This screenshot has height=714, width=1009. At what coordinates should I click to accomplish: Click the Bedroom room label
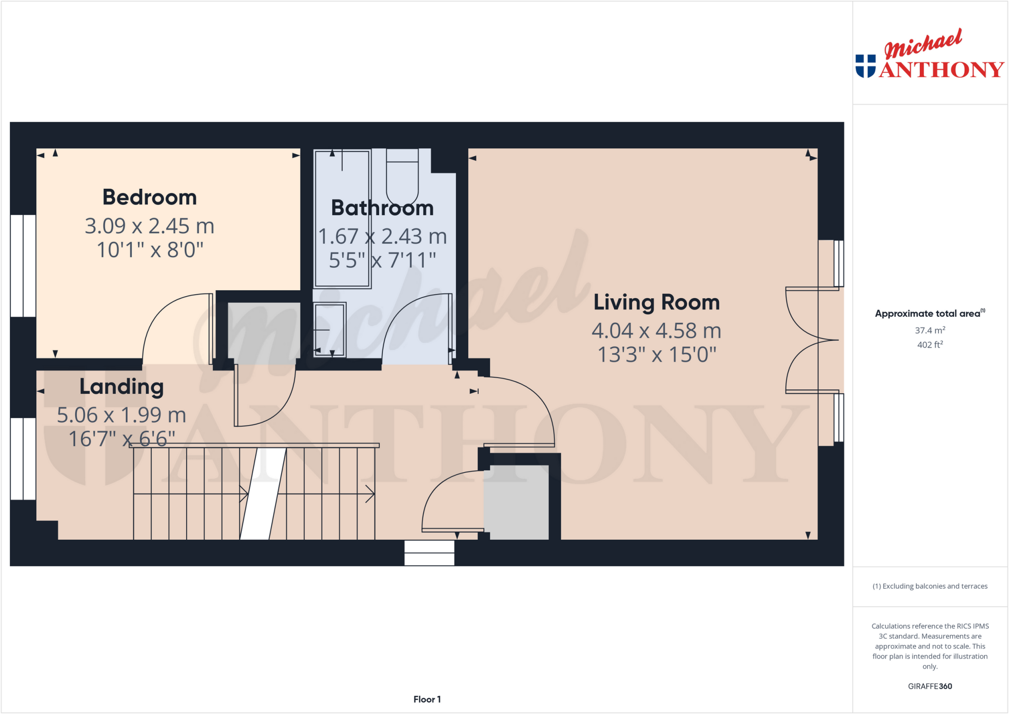(x=149, y=197)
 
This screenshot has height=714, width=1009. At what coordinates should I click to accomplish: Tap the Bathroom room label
(x=382, y=208)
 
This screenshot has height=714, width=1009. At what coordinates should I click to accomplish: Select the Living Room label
(x=656, y=302)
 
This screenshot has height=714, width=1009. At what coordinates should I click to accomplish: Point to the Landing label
(x=121, y=386)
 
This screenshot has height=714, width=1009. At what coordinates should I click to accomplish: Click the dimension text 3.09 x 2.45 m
(x=149, y=226)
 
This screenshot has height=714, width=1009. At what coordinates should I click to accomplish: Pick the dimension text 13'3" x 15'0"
(x=656, y=355)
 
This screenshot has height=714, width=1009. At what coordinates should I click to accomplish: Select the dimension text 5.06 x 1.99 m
(x=121, y=415)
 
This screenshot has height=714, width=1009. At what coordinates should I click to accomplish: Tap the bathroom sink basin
(x=330, y=329)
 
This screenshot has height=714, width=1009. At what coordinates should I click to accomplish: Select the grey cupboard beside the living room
(x=516, y=502)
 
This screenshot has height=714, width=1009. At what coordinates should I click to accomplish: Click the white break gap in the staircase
(x=263, y=493)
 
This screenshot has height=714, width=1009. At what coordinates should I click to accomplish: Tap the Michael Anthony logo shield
(x=865, y=66)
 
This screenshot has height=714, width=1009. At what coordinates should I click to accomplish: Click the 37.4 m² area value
(x=930, y=330)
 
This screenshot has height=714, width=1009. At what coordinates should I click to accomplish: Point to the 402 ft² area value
(x=930, y=345)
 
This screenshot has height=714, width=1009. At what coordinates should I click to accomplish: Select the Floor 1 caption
(x=427, y=699)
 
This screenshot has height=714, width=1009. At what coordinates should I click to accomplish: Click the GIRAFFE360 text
(x=930, y=686)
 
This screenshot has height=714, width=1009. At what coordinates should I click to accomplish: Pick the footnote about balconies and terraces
(x=930, y=586)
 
